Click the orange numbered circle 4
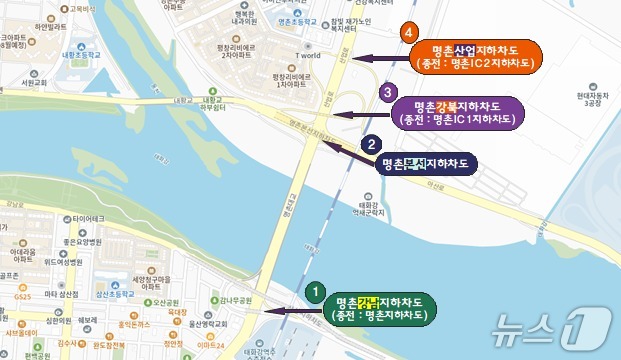pyautogui.click(x=409, y=32)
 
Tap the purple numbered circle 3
pyautogui.click(x=387, y=93)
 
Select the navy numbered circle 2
pyautogui.click(x=370, y=144)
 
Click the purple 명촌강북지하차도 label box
pyautogui.click(x=456, y=112)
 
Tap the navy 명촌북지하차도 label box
pyautogui.click(x=427, y=166)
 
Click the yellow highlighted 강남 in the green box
pyautogui.click(x=368, y=301)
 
